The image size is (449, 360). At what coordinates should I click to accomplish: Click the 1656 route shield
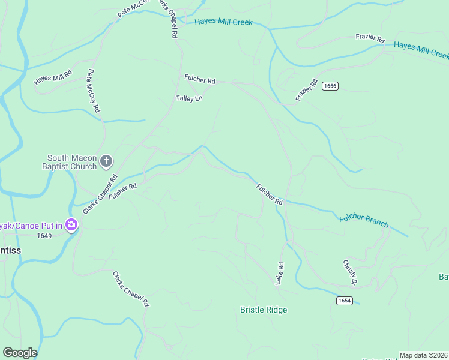[x=330, y=86]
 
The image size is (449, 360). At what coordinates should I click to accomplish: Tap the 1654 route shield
[x=344, y=301]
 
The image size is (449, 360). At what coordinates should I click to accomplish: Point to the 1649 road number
[x=44, y=235]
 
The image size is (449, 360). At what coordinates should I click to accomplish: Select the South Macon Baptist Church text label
[x=72, y=162]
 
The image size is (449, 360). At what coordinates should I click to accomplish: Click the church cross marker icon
[x=106, y=160]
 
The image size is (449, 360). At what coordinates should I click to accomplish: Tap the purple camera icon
[x=71, y=225]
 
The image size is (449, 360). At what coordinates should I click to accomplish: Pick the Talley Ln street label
[x=189, y=98]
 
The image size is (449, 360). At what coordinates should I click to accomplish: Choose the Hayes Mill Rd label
[x=53, y=77]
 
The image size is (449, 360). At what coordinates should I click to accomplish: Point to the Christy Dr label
[x=350, y=272]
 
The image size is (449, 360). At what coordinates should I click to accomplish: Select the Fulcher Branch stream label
[x=364, y=220]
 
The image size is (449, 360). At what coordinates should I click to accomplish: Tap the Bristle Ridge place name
[x=264, y=310]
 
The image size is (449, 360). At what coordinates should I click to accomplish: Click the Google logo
[x=20, y=353]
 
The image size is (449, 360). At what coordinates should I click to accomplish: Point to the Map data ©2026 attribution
[x=424, y=355]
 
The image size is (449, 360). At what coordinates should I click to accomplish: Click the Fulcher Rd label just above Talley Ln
[x=200, y=79]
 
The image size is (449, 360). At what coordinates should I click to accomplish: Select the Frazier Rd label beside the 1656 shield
[x=306, y=90]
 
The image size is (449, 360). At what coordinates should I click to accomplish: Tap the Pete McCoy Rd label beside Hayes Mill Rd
[x=92, y=91]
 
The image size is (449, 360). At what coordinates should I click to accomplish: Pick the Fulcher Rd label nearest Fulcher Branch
[x=270, y=194]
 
